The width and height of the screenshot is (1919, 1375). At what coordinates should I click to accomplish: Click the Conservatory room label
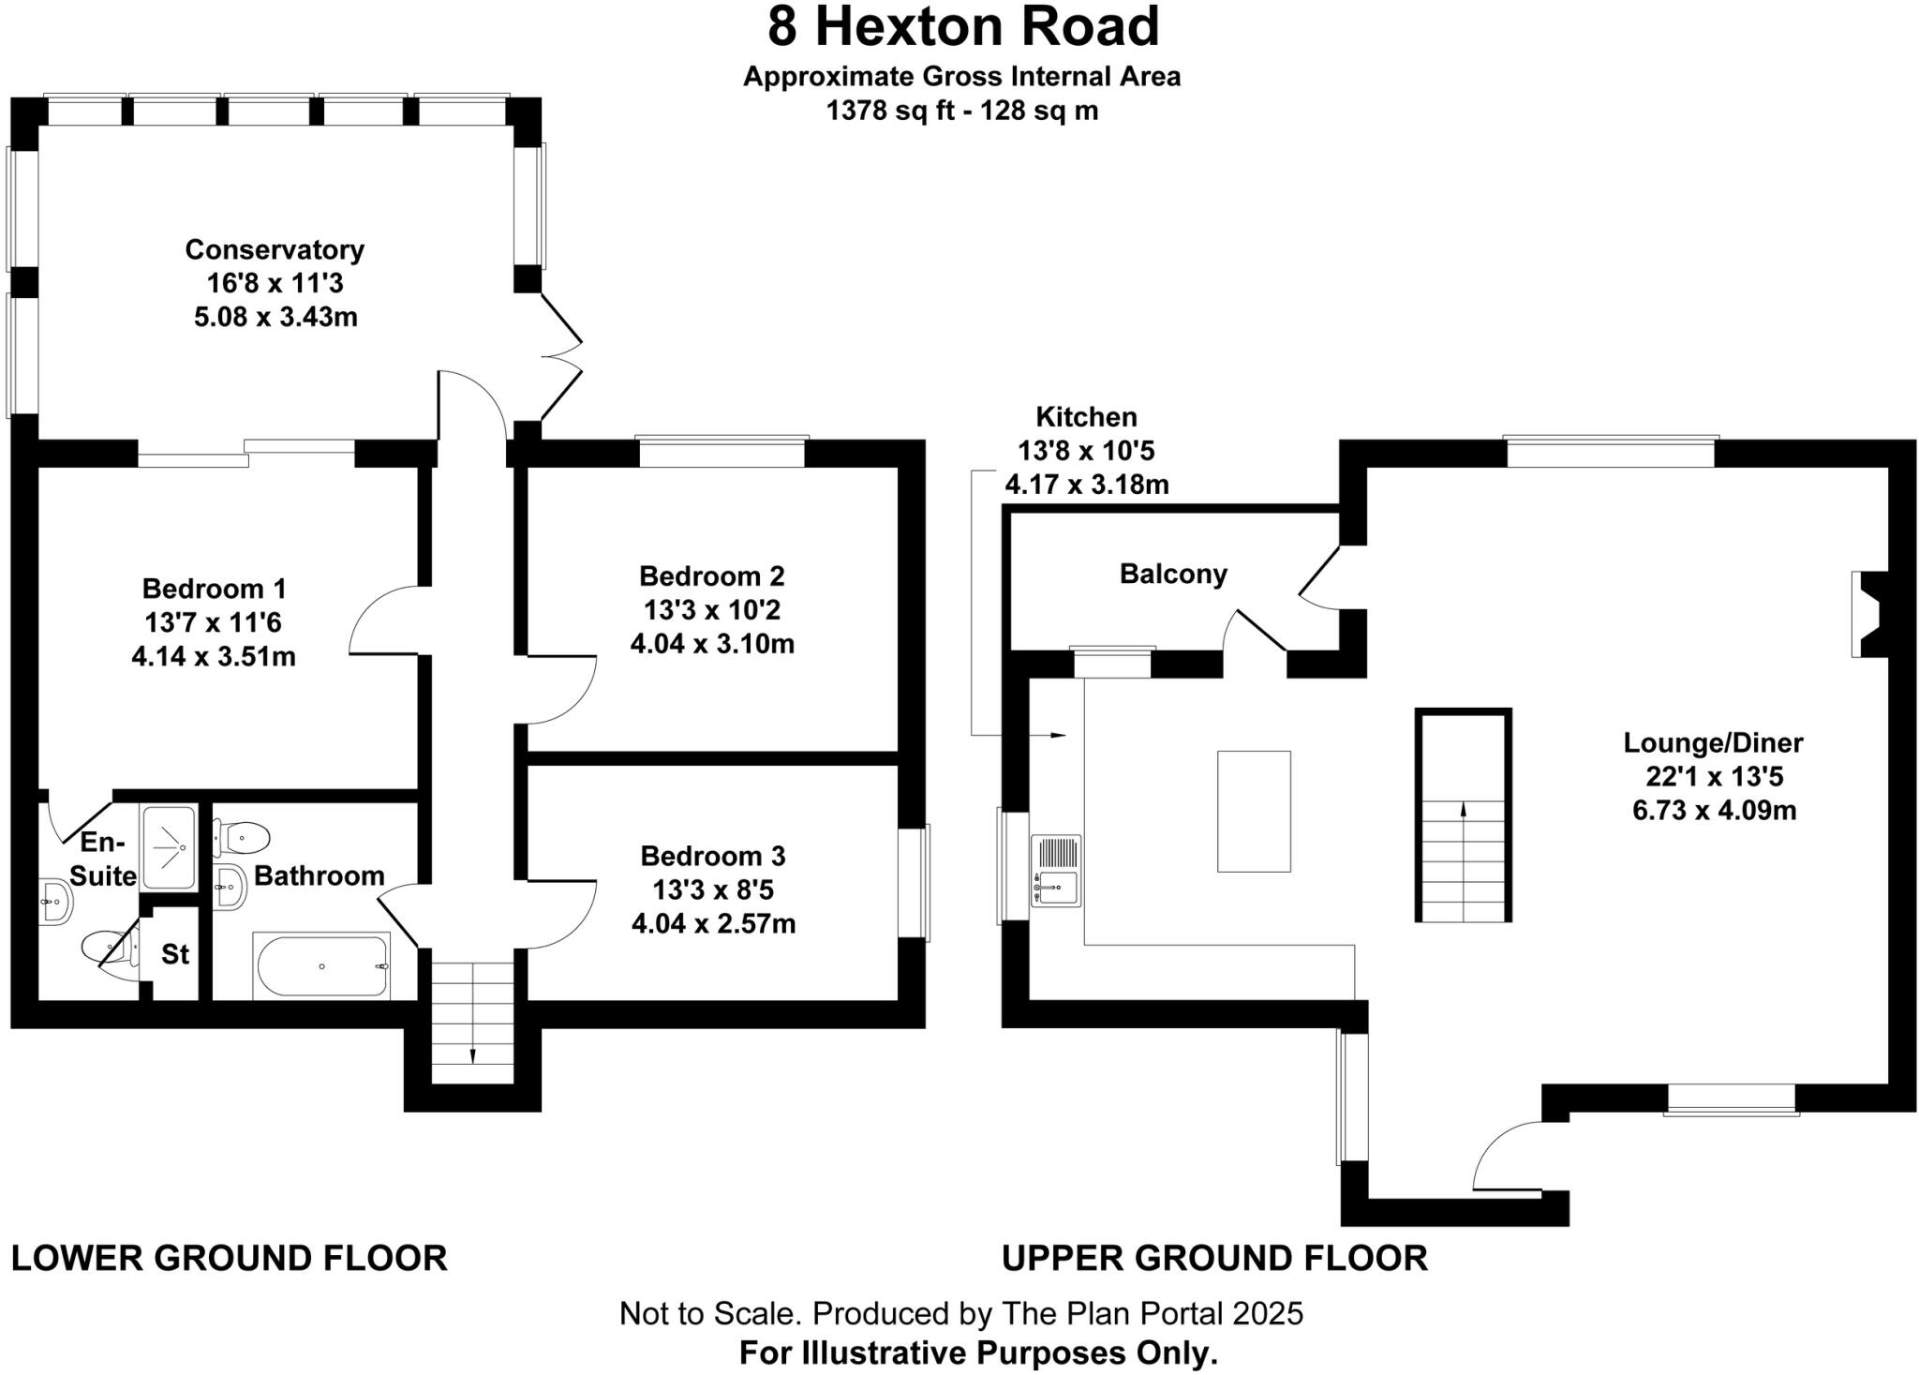274,249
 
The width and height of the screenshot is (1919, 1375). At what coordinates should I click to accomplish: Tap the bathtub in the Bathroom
321,966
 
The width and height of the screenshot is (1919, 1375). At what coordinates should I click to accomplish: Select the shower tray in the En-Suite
169,847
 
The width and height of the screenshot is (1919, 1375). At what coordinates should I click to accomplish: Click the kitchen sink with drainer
1056,871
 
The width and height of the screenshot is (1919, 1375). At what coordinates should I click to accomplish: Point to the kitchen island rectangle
1254,812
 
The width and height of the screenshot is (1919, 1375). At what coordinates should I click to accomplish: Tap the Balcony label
1173,574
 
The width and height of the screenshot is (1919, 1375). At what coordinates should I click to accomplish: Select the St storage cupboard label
175,954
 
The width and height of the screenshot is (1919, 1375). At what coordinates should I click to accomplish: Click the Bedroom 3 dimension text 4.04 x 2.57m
713,924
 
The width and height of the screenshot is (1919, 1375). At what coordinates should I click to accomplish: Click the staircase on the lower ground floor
472,1022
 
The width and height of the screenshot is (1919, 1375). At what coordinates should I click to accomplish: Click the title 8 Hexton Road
963,26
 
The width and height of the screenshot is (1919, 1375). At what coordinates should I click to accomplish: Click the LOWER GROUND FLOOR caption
230,1258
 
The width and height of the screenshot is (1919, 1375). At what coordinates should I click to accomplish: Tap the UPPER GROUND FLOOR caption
1214,1258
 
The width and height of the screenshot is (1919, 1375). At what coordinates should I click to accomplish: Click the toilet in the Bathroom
243,836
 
